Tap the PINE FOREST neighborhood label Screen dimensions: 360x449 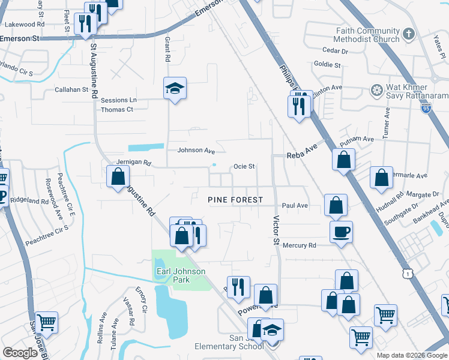tap(235, 200)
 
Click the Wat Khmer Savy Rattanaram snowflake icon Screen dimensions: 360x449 tap(377, 91)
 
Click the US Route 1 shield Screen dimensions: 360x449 tap(409, 273)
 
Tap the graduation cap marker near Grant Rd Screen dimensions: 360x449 tap(175, 89)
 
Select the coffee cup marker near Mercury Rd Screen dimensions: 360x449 tap(341, 231)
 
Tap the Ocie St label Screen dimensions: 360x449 tap(244, 166)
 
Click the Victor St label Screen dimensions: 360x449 tap(277, 230)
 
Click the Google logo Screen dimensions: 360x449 tap(20, 353)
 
